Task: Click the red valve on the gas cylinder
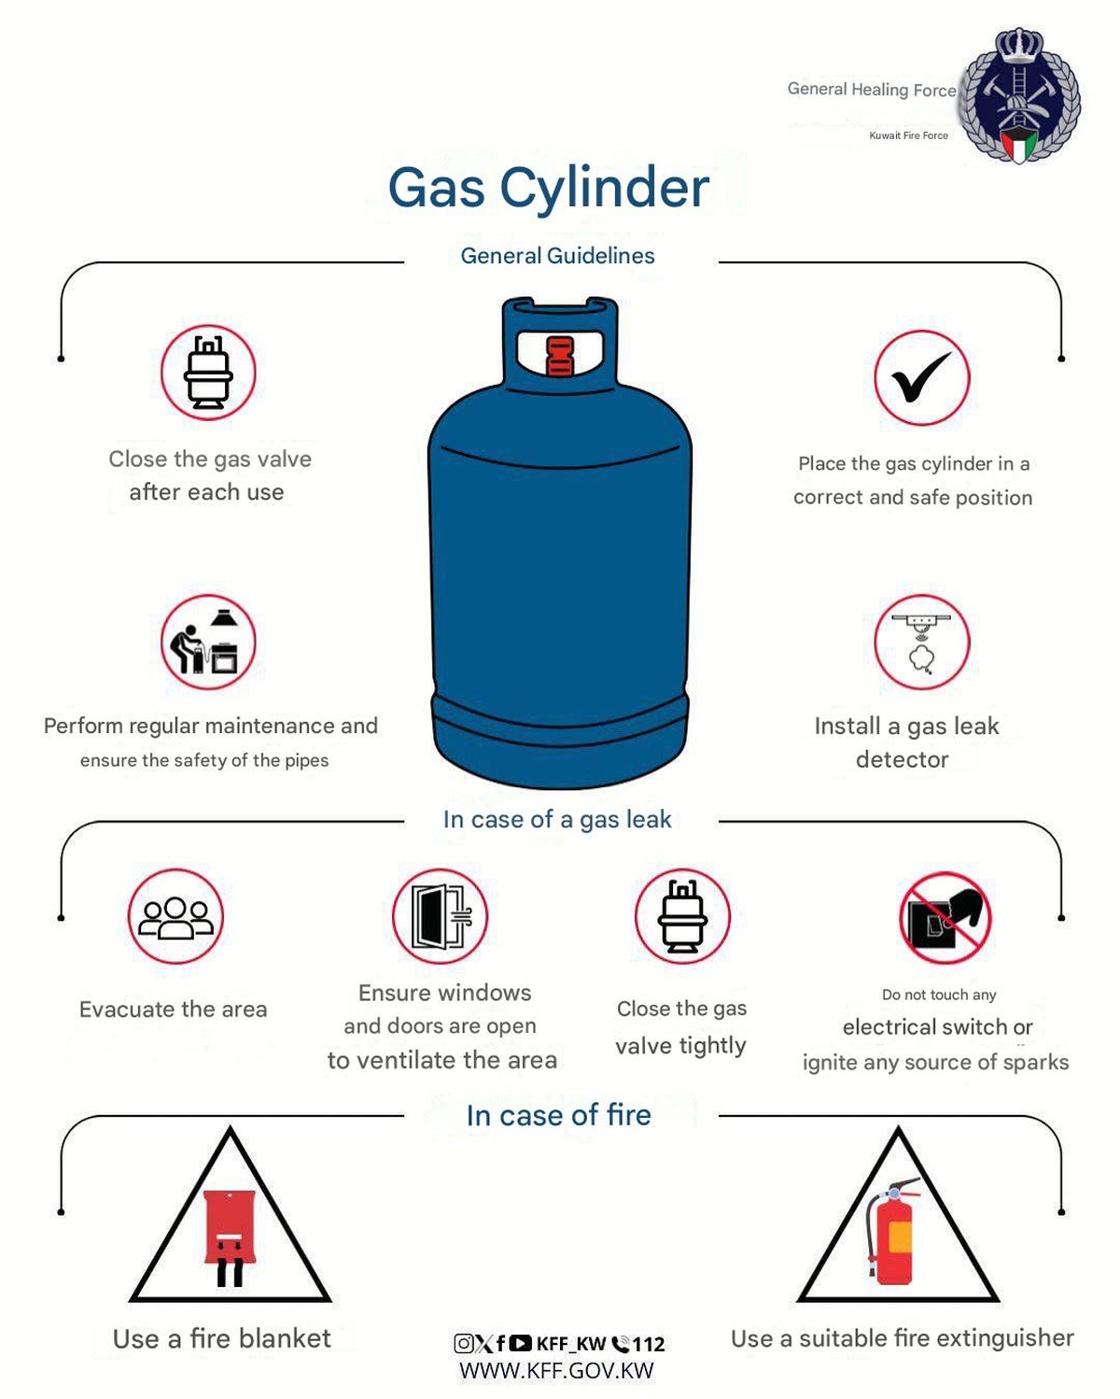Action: tap(559, 356)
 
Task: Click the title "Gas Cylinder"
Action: tap(548, 188)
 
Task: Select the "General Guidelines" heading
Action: tap(557, 256)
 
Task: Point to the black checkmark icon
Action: tap(920, 377)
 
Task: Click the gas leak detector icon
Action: tap(921, 643)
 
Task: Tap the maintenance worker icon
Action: tap(208, 643)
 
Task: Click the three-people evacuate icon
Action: tap(175, 916)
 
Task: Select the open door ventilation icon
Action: tap(440, 916)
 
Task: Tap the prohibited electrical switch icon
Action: tap(945, 917)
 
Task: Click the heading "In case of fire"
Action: tap(559, 1115)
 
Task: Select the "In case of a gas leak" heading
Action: tap(557, 819)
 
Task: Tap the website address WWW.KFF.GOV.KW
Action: tap(556, 1370)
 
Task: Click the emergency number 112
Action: tap(649, 1344)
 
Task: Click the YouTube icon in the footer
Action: tap(521, 1342)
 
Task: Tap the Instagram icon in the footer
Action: tap(463, 1343)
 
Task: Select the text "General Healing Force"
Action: tap(872, 89)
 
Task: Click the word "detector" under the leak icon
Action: tap(903, 759)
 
